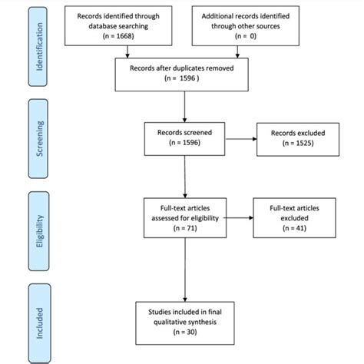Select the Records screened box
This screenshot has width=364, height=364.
click(184, 137)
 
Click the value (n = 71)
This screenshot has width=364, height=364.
click(184, 229)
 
